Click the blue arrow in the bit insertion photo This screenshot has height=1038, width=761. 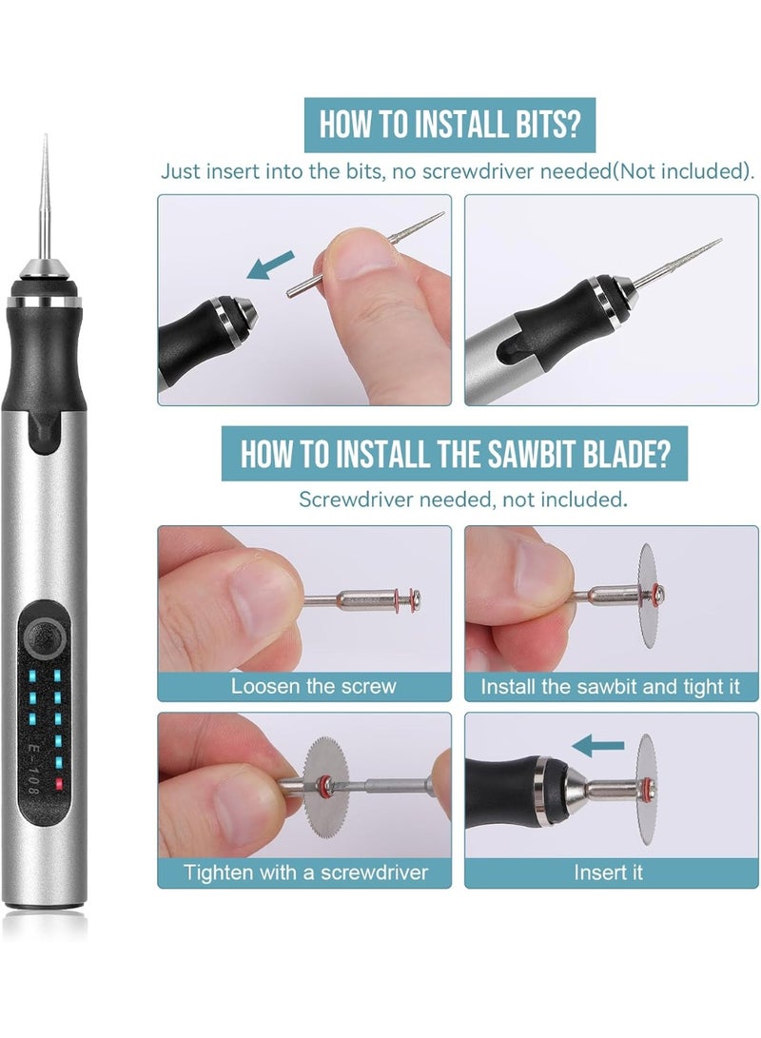coord(269,264)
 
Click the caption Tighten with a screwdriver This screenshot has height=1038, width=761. coord(305,872)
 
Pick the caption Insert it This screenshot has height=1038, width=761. coord(608,872)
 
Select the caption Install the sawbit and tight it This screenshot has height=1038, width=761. coord(610,686)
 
